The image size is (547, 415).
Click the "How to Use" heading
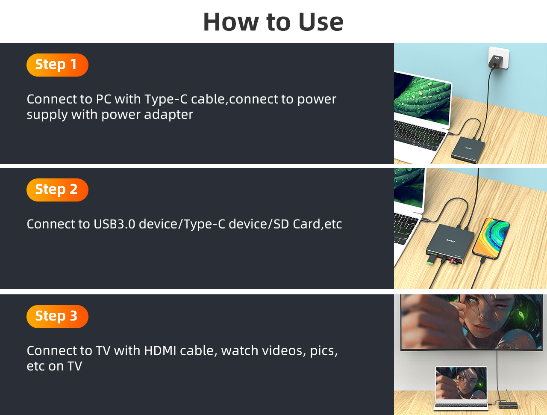point(273,22)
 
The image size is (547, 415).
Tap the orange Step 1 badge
point(57,65)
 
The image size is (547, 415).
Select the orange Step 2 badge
point(57,190)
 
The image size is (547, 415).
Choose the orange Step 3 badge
point(57,317)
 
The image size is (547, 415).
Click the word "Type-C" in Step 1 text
point(166,100)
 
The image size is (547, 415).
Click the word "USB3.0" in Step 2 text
point(115,224)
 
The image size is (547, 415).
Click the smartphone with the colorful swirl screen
point(491,239)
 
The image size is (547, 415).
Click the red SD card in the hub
point(452,261)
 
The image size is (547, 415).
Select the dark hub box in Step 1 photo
point(468,150)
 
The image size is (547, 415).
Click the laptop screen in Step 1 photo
point(423,99)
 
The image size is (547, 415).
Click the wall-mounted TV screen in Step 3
point(471,322)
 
